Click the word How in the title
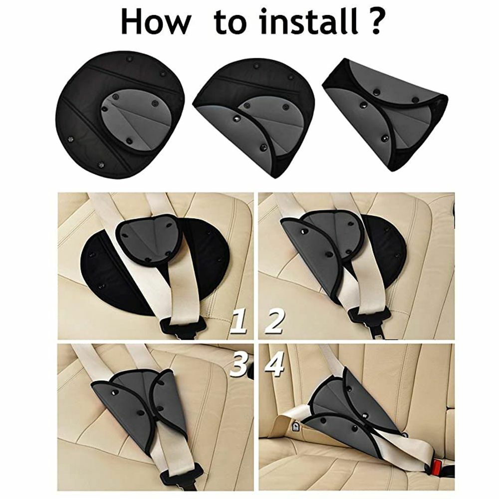tap(156, 22)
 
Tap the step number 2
tap(274, 321)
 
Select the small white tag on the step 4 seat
tap(296, 427)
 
